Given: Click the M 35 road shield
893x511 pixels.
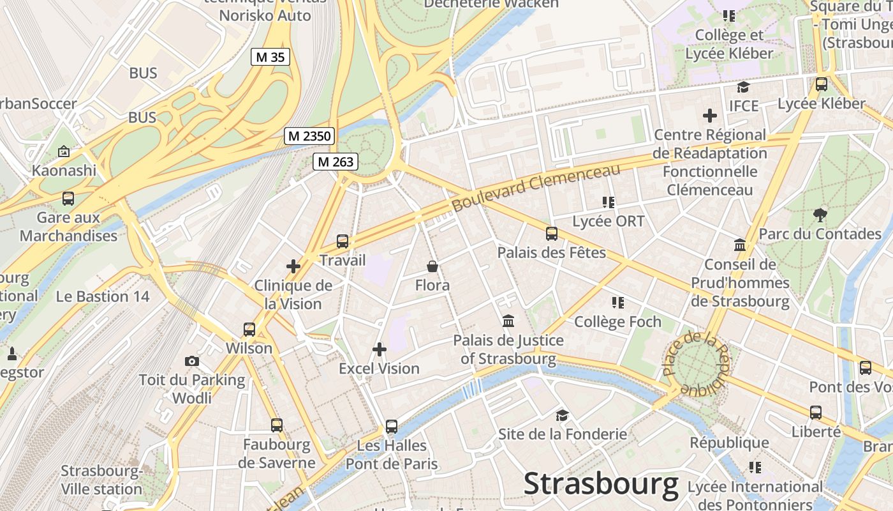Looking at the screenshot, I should [270, 57].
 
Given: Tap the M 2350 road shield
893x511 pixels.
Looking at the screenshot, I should [309, 136].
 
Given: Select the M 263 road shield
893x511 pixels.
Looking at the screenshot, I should [336, 162].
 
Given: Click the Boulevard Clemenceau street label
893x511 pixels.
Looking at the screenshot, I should [536, 188].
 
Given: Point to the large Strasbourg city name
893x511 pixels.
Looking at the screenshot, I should [601, 484].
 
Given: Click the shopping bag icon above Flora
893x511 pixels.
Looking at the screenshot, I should [432, 266].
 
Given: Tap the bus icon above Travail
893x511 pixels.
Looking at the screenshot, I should [343, 241].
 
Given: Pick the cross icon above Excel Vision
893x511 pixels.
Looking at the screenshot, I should [380, 349].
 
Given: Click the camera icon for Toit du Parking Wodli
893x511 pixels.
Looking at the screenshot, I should [192, 362].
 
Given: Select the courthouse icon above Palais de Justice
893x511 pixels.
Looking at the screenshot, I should [508, 321].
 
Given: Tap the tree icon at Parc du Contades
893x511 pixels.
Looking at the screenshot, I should [820, 215].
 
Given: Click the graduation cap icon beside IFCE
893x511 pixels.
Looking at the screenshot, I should [743, 87].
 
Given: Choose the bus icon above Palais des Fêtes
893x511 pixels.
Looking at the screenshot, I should [552, 234].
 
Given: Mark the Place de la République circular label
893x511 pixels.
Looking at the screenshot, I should [695, 364].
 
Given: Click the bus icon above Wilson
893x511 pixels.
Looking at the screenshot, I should [249, 330].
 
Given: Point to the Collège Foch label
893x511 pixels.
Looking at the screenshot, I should [617, 321].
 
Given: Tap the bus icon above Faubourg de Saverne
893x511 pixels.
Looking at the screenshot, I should [277, 425].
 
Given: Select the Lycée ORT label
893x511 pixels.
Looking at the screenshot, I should [609, 221].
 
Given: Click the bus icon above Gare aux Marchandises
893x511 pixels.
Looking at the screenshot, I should [68, 199].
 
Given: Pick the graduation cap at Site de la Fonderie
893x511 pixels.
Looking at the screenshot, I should [562, 416].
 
